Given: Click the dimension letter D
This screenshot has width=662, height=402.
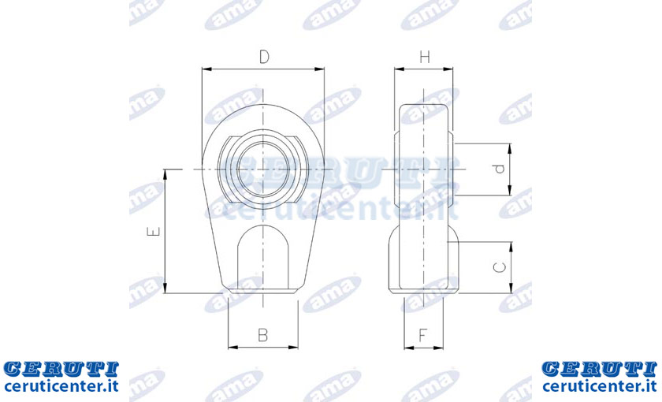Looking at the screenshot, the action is (x=264, y=57).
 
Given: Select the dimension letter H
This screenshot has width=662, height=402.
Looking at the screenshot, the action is (x=425, y=57).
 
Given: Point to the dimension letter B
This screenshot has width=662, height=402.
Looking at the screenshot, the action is (x=263, y=335).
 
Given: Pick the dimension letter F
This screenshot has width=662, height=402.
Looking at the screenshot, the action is (x=423, y=335).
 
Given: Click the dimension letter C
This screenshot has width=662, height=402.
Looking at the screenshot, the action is (x=500, y=267).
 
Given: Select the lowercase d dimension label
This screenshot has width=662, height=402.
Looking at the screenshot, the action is (x=500, y=169).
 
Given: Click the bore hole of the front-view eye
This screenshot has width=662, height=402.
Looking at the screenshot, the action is (x=263, y=169).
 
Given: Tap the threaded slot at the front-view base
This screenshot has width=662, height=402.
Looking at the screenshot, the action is (x=263, y=258).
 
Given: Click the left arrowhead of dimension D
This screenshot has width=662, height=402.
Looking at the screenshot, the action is (x=206, y=69).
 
